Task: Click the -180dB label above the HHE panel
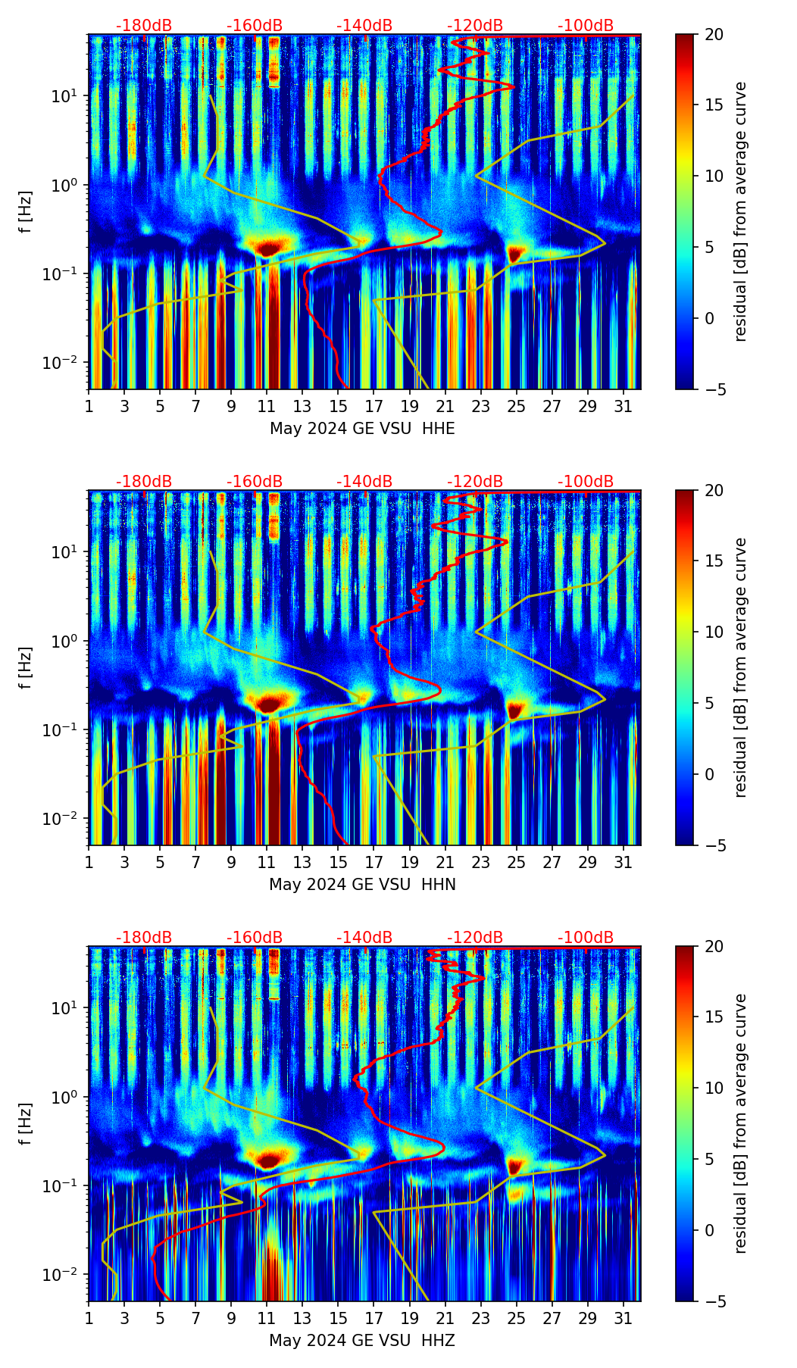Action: pos(144,26)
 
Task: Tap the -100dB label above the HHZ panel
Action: pos(586,938)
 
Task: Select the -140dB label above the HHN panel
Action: pos(364,482)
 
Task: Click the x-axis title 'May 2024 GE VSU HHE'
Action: pos(362,429)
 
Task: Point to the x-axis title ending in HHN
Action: pos(362,885)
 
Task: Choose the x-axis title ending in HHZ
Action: pos(362,1341)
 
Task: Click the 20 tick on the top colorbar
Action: pos(714,35)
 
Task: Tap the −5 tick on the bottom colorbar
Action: pos(714,1301)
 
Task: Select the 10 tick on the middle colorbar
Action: pos(714,632)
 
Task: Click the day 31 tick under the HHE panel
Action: pos(624,406)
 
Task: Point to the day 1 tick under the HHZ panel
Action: pos(89,1318)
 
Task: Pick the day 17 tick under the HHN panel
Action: pos(374,862)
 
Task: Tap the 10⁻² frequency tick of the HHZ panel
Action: pos(68,1275)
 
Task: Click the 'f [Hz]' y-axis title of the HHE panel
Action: pos(26,212)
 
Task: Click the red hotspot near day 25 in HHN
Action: pos(515,711)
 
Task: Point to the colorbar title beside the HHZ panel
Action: pos(741,1123)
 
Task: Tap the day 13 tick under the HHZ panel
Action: pos(302,1318)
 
